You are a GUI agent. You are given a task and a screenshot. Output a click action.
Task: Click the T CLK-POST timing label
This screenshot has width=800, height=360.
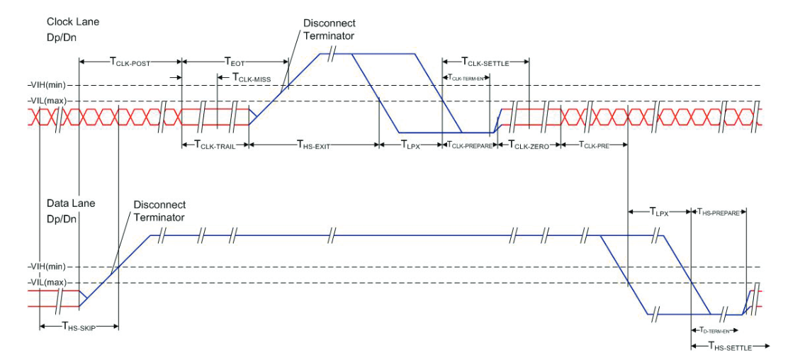coord(131,62)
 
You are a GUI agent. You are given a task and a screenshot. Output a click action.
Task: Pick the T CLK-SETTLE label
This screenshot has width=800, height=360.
coord(485,62)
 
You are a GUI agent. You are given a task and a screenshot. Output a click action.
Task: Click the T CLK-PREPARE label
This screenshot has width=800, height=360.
coord(468,145)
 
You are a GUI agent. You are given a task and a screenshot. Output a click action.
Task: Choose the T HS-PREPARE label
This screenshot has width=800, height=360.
coord(719,211)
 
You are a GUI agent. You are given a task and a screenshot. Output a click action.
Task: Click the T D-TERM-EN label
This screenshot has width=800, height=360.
coord(714,331)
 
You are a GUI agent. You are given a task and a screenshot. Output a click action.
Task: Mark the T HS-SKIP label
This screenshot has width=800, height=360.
coord(78,327)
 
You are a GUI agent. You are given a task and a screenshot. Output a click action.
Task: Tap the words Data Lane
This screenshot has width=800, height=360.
coord(71,203)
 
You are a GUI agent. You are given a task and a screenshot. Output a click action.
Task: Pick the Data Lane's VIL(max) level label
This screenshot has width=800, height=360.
coord(47,282)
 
